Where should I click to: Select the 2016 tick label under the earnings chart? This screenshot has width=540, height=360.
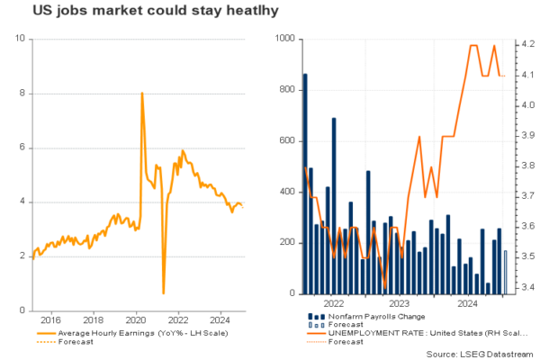49,319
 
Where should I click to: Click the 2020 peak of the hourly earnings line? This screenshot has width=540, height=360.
142,94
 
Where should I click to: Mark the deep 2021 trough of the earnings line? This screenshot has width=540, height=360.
163,292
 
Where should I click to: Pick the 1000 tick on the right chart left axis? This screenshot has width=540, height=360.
286,40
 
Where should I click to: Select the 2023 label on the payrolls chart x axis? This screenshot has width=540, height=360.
399,304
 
